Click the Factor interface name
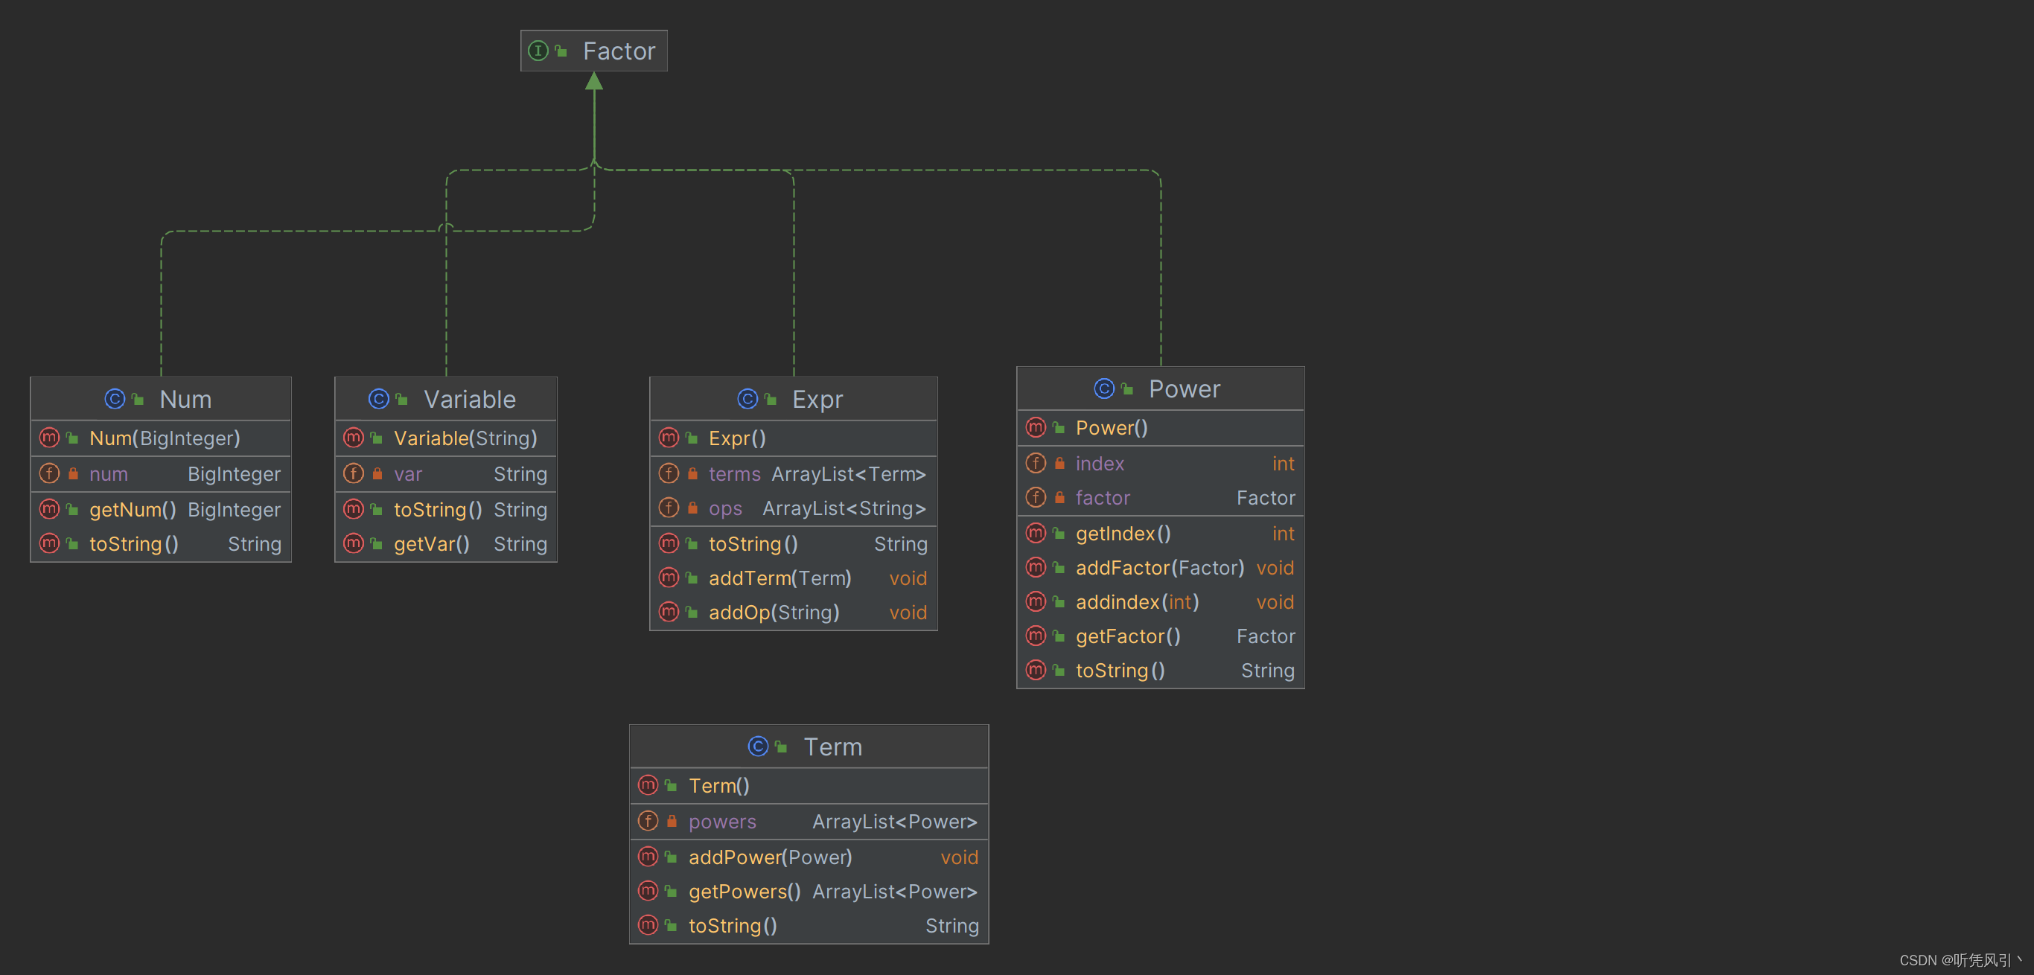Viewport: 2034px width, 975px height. [619, 51]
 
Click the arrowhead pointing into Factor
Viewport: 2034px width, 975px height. [595, 80]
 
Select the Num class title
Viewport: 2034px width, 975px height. [185, 400]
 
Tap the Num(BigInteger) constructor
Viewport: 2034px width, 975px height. [165, 438]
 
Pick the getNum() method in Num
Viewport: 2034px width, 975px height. [133, 510]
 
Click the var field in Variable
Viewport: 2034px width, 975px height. [408, 474]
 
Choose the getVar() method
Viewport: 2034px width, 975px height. [432, 544]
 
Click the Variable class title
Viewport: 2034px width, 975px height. [470, 400]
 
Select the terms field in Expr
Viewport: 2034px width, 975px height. [734, 474]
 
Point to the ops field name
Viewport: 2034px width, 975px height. [725, 509]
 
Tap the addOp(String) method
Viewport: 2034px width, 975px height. [774, 613]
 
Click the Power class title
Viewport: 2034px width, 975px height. [1185, 389]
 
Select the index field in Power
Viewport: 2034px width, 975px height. [1099, 464]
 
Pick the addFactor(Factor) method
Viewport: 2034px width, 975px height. [1160, 569]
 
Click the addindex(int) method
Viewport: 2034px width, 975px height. [1137, 602]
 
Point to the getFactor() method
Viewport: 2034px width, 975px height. [1127, 636]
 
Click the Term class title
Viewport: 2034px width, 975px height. [832, 747]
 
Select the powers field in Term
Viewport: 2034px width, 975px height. [721, 822]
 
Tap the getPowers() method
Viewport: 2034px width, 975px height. [745, 892]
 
